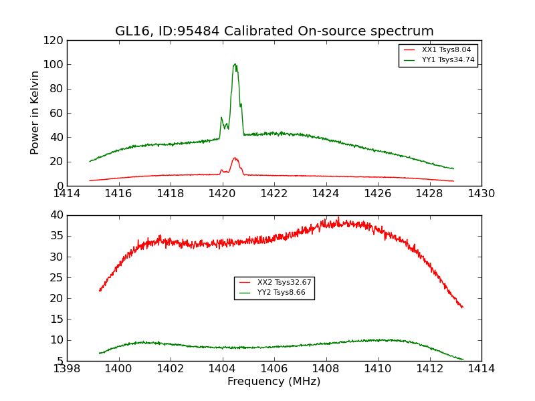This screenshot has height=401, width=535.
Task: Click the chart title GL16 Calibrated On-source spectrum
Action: [x=274, y=31]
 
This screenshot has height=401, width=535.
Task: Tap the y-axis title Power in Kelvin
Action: [x=35, y=112]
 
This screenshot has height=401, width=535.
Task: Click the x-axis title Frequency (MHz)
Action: [x=274, y=382]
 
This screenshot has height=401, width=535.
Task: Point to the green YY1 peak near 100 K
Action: [x=235, y=64]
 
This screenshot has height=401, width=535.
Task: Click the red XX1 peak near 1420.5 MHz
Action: [x=235, y=158]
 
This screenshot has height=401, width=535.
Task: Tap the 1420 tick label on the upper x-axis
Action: [x=222, y=193]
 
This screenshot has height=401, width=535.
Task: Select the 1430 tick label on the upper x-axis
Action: [x=481, y=193]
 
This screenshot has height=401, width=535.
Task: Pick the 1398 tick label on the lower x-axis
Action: [x=67, y=368]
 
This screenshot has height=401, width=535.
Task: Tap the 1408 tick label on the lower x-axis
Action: [x=326, y=368]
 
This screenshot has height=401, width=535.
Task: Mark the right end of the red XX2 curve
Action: [x=462, y=307]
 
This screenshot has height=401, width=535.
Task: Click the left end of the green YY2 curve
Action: [x=100, y=353]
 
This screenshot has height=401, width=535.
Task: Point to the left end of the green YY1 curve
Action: [x=90, y=161]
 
